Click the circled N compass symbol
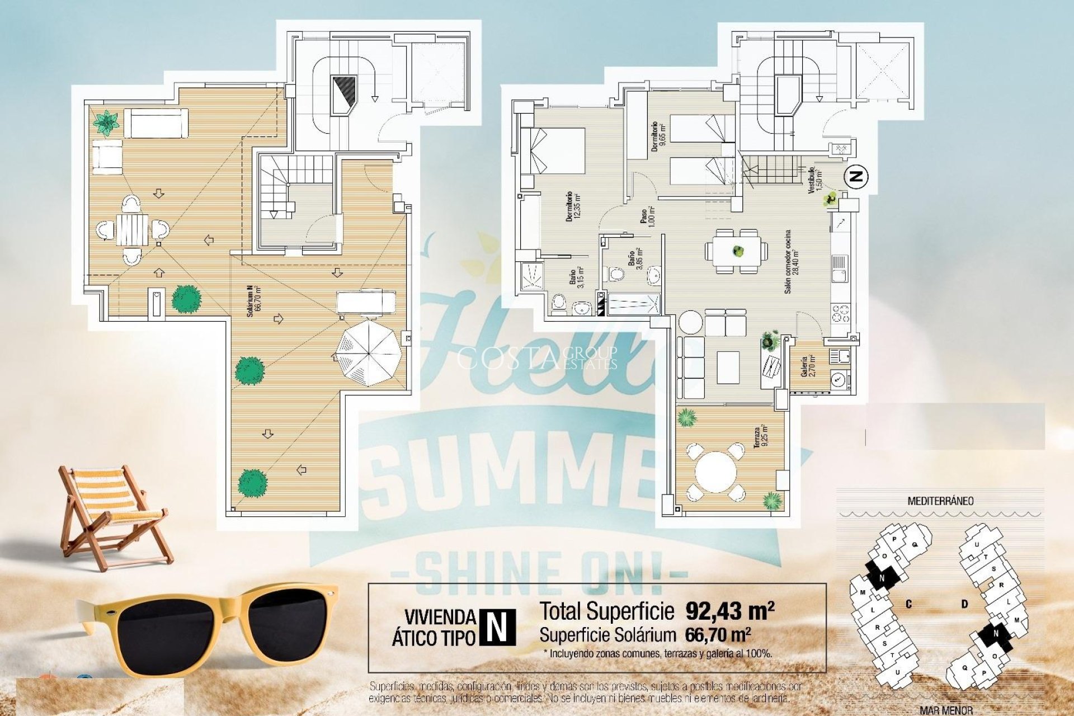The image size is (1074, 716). click(x=856, y=177)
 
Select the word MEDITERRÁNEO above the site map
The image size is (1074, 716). click(x=940, y=501)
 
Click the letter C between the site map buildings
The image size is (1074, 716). click(x=909, y=604)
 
